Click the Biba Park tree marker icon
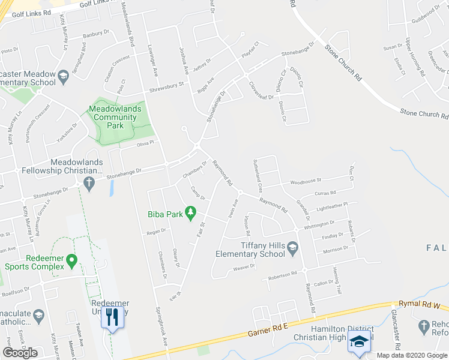191,212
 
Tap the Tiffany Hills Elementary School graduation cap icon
292,248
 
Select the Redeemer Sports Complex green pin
72,261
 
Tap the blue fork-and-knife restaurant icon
112,316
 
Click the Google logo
20,353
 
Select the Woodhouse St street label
306,180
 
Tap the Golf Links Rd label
31,13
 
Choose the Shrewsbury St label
166,88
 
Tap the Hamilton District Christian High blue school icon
358,341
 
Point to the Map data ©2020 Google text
412,355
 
